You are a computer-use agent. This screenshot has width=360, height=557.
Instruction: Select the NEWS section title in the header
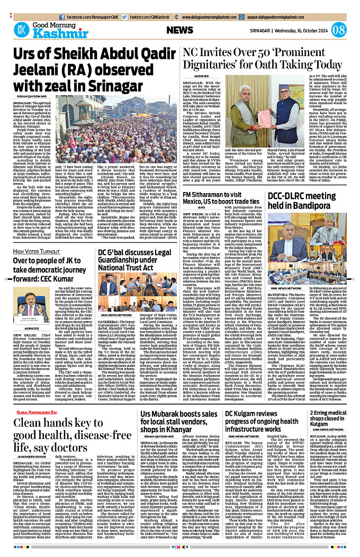(x=180, y=30)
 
